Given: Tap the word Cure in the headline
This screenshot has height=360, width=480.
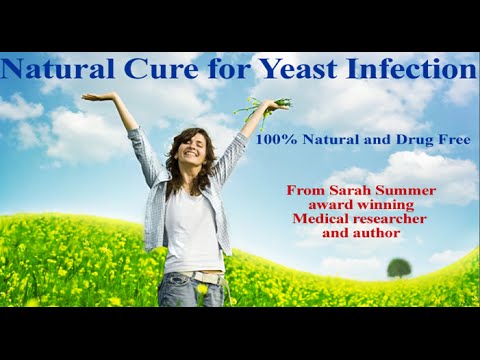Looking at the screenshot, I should point(148,70).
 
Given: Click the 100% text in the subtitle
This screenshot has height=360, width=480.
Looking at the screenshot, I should point(276,142).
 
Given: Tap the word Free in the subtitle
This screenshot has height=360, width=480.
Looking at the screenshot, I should point(452,142).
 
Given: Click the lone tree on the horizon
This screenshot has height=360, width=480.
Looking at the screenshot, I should point(398,267).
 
